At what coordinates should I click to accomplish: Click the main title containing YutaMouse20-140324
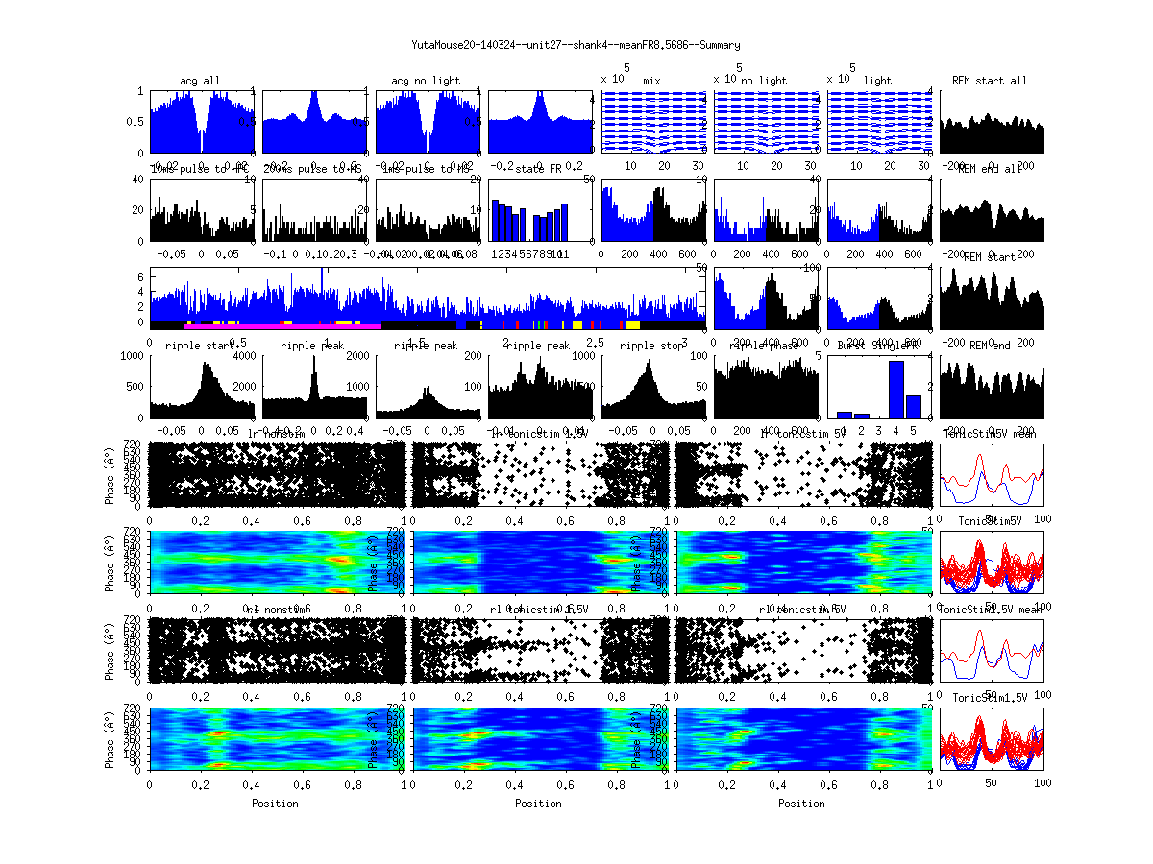coord(576,45)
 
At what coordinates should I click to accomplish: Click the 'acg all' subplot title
coord(200,81)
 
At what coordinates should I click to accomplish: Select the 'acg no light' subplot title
coord(426,81)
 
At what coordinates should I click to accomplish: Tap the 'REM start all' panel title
coord(989,81)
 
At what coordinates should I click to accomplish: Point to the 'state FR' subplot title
coord(539,169)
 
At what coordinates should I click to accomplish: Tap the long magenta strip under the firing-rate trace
coord(283,326)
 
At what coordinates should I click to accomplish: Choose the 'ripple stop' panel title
coord(652,346)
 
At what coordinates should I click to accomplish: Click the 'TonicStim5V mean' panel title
coord(989,434)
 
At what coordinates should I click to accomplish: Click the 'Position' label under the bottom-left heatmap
coord(275,804)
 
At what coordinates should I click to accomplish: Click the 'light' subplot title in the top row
coord(878,81)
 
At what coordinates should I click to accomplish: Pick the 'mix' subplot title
coord(652,81)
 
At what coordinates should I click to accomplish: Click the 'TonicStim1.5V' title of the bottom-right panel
coord(989,697)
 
